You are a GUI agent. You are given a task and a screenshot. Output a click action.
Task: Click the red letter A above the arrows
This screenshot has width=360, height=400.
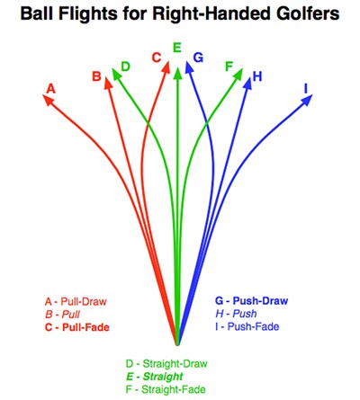coord(51,88)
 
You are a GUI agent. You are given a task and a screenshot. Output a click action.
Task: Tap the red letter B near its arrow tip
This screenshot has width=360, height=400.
coord(96,76)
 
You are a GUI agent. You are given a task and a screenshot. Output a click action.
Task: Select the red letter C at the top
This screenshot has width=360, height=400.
coord(157,58)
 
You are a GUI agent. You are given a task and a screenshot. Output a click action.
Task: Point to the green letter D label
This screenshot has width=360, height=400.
coord(125,67)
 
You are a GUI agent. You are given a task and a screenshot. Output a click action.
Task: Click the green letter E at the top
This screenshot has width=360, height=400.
coord(177,48)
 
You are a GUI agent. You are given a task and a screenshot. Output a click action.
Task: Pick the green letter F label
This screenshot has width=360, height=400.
coord(229,67)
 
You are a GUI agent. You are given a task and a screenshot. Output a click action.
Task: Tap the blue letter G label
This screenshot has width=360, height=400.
coord(198,58)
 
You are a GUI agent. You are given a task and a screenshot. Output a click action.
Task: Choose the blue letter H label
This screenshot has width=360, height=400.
coord(257,76)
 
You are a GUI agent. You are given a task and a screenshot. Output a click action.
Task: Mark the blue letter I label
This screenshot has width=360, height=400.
coord(306,88)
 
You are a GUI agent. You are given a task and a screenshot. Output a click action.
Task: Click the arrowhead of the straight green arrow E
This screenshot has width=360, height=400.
coord(177,74)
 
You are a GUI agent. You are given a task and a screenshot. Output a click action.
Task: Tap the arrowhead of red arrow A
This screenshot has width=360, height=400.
coord(49,100)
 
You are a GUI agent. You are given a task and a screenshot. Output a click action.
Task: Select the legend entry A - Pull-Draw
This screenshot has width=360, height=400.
coord(76,301)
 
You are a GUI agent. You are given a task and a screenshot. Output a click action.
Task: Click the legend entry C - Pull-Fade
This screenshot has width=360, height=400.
coord(77,327)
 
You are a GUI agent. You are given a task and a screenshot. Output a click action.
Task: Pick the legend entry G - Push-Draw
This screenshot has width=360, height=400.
coord(251,300)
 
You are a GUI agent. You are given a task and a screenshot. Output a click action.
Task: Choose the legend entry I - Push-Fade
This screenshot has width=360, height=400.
coord(247,326)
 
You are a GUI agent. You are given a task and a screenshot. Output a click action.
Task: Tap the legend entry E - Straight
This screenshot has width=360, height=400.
coord(155,377)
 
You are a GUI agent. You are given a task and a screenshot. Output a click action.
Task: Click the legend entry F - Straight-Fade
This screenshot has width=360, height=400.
coord(166,389)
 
